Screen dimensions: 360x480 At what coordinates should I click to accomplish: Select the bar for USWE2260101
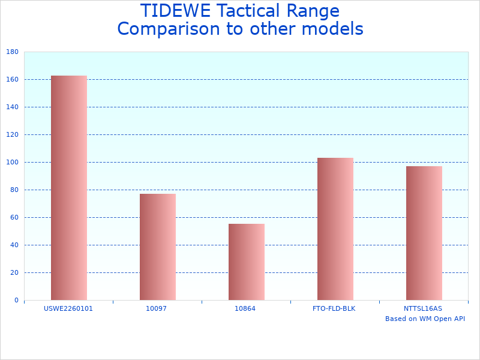pyautogui.click(x=69, y=188)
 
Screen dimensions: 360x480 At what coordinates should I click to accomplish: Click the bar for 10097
pyautogui.click(x=158, y=247)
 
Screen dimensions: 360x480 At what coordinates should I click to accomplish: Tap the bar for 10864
pyautogui.click(x=247, y=262)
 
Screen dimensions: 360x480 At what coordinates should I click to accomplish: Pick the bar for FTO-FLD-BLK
pyautogui.click(x=335, y=229)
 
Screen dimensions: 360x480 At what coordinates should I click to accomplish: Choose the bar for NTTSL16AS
pyautogui.click(x=424, y=233)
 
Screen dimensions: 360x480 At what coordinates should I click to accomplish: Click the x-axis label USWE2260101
pyautogui.click(x=69, y=308)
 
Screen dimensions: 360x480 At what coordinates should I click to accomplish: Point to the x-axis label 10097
pyautogui.click(x=157, y=308)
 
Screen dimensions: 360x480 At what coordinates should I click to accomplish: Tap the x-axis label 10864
pyautogui.click(x=245, y=308)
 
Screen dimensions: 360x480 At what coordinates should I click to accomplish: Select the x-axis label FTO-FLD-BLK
pyautogui.click(x=334, y=308)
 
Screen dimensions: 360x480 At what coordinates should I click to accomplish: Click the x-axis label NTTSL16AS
pyautogui.click(x=423, y=308)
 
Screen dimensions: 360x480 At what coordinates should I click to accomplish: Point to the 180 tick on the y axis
pyautogui.click(x=12, y=52)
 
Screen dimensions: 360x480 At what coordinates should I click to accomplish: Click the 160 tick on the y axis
pyautogui.click(x=12, y=80)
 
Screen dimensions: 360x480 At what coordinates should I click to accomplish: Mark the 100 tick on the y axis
pyautogui.click(x=12, y=163)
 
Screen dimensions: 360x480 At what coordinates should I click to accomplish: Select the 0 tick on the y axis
pyautogui.click(x=16, y=301)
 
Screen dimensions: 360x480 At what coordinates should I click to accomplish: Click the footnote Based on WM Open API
pyautogui.click(x=425, y=319)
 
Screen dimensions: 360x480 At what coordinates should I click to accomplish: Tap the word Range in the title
pyautogui.click(x=311, y=11)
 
